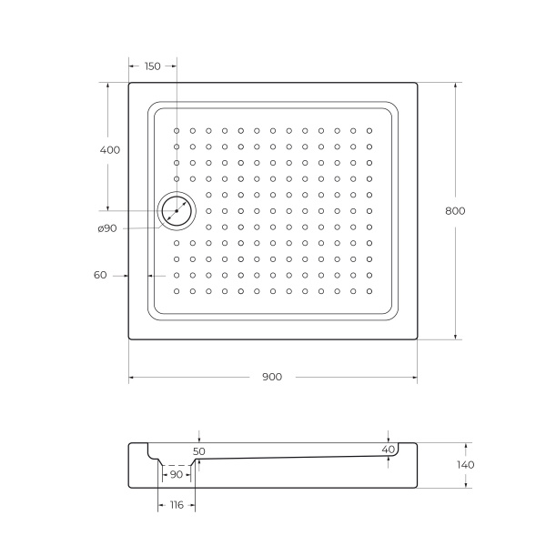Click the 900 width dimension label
[x=271, y=377]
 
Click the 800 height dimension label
[x=455, y=210]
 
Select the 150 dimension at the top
[x=152, y=66]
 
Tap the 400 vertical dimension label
[x=109, y=149]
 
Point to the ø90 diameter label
[x=106, y=227]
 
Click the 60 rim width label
[x=100, y=275]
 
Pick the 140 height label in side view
[x=466, y=465]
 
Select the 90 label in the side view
[x=177, y=474]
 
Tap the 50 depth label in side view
[x=199, y=450]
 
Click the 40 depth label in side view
[x=389, y=450]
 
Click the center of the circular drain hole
[x=176, y=210]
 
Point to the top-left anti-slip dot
[x=177, y=130]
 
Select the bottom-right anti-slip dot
[x=369, y=291]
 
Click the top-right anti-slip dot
[x=369, y=130]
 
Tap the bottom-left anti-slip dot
[x=177, y=291]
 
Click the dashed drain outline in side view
[x=177, y=465]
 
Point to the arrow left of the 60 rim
[x=124, y=275]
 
